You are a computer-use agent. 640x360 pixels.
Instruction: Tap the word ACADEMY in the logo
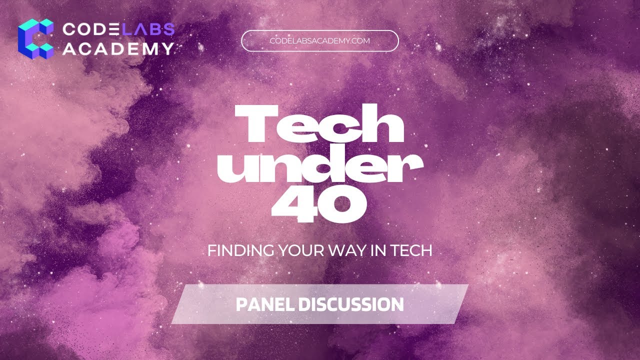coord(118,48)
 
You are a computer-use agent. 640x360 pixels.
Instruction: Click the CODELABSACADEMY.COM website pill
coord(319,41)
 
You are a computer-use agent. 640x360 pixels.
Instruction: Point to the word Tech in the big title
coord(319,127)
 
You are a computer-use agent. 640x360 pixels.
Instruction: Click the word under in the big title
coord(319,169)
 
